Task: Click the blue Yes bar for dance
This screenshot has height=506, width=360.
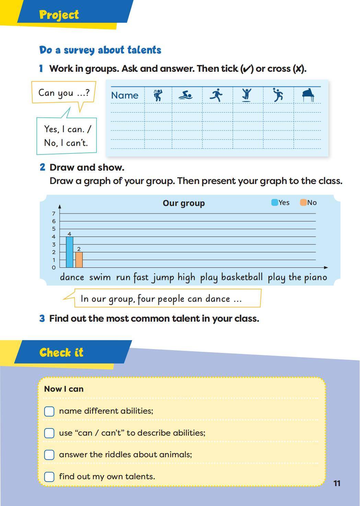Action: tap(69, 252)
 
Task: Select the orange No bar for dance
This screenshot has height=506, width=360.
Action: tap(79, 260)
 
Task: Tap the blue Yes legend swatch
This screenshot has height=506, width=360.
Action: tap(275, 203)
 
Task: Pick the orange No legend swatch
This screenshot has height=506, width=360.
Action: tap(303, 203)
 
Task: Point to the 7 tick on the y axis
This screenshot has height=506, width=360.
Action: tap(54, 214)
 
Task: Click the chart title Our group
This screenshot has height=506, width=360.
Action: tap(184, 203)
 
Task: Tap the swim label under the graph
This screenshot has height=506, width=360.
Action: tap(100, 277)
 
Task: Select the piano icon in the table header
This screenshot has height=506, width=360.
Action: tap(308, 95)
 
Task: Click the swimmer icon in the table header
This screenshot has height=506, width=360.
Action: tap(185, 95)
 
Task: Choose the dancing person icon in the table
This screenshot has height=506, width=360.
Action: tap(158, 95)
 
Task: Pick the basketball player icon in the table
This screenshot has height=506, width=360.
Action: tap(278, 95)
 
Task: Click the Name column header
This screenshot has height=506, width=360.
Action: tap(125, 95)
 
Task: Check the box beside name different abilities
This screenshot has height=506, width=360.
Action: tap(49, 411)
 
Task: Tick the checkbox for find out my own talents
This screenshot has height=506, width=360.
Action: tap(49, 477)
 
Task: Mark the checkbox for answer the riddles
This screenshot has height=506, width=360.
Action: tap(49, 455)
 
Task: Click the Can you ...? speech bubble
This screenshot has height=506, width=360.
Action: tap(63, 92)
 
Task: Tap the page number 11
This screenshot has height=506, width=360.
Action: tap(337, 483)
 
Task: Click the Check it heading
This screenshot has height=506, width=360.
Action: tap(61, 353)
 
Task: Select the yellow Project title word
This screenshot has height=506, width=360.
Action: tap(59, 15)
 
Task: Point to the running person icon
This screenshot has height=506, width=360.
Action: tap(216, 95)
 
